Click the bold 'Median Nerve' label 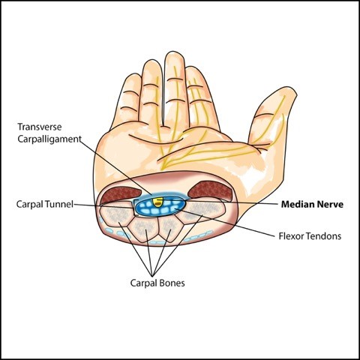[x=312, y=204]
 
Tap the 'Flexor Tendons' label [x=310, y=236]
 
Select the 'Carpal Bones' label [x=157, y=283]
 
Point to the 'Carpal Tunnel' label [x=45, y=204]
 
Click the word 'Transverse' [x=40, y=127]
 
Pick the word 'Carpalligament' [x=49, y=139]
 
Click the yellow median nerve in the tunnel [x=158, y=202]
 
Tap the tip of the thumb [x=290, y=89]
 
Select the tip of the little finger [x=133, y=74]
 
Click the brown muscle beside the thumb [x=209, y=190]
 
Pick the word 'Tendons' [x=324, y=236]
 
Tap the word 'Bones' [x=172, y=283]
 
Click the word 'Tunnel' [x=59, y=204]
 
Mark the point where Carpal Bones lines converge [x=152, y=274]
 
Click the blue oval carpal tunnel [x=160, y=206]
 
